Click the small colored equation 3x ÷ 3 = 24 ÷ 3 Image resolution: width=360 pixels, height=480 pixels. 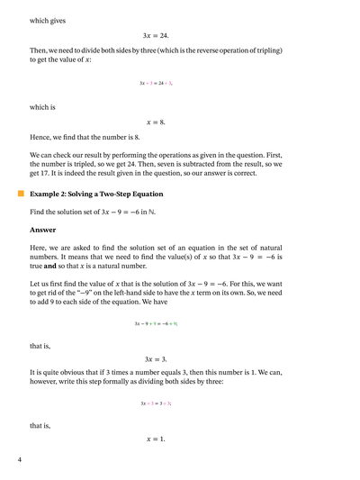coord(156,83)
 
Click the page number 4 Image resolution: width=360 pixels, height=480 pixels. coord(19,460)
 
